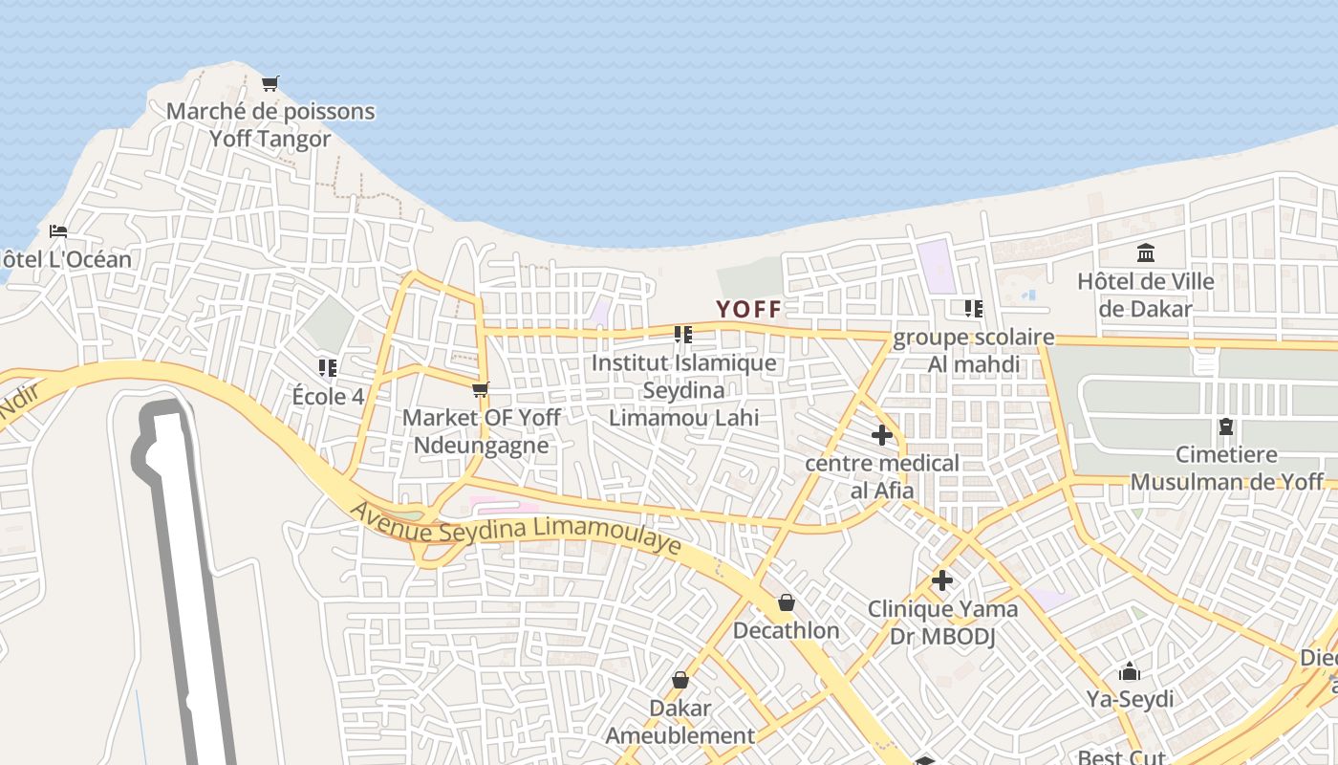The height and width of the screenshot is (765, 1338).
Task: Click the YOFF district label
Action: coord(749,309)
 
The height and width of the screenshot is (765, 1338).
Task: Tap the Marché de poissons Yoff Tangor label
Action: coord(270,125)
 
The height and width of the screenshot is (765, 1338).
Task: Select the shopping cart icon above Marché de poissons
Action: coord(270,84)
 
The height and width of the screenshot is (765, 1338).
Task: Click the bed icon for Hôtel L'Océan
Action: coord(58,231)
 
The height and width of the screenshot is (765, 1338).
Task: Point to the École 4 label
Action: coord(328,396)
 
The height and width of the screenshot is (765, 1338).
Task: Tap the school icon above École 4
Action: coord(328,367)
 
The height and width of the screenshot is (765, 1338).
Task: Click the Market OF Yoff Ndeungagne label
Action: coord(481,431)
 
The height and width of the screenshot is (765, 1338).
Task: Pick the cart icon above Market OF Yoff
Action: coord(481,389)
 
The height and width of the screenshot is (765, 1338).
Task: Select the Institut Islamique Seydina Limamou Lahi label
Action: coord(683,390)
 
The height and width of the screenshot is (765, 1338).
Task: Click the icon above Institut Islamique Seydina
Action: coord(682,335)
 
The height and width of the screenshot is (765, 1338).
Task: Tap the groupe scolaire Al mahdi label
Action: coord(974,351)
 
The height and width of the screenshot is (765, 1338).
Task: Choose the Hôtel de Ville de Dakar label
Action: coord(1146,295)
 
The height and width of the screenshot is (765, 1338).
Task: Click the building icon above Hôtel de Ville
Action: coord(1146,253)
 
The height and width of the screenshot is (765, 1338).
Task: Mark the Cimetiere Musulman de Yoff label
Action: coord(1226,469)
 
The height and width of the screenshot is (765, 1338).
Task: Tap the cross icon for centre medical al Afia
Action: coord(882,436)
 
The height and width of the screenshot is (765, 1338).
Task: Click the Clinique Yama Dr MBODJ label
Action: coord(942,623)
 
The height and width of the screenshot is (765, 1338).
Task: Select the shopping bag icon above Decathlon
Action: coord(787,602)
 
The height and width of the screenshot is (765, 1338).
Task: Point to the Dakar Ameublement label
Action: coord(680,722)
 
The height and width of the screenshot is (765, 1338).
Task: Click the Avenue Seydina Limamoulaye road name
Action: coord(515,529)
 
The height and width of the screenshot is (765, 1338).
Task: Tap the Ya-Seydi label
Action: coord(1130,699)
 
